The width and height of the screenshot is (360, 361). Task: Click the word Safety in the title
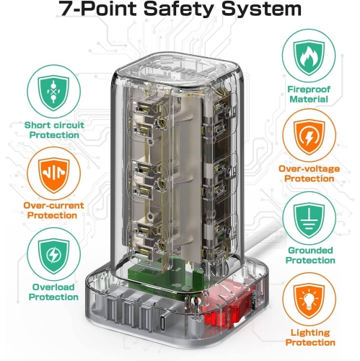(x=178, y=9)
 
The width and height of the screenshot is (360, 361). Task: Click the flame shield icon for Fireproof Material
(x=309, y=57)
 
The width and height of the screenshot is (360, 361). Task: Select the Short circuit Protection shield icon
(x=53, y=92)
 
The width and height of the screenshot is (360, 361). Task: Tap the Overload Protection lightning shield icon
(x=53, y=256)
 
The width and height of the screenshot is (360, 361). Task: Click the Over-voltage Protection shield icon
(x=309, y=137)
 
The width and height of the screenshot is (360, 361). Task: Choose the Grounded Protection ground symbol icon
(x=309, y=219)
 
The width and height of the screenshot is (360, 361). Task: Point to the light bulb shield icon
(x=309, y=301)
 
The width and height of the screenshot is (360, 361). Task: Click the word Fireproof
(x=309, y=90)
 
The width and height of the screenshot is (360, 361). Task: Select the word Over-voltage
(x=309, y=169)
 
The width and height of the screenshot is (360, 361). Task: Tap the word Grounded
(x=310, y=251)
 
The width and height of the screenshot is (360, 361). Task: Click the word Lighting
(x=310, y=333)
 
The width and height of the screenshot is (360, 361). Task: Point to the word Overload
(x=53, y=287)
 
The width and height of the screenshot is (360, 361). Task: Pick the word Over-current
(x=53, y=206)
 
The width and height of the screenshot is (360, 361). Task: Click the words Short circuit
(x=54, y=125)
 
